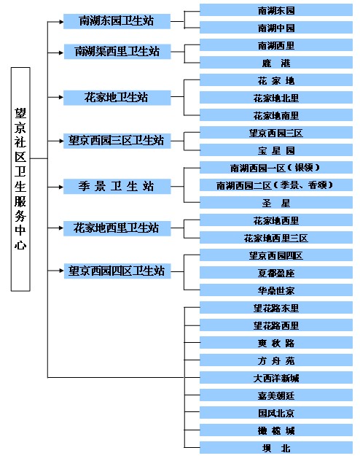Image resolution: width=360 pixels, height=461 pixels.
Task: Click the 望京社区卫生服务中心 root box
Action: pos(20,179)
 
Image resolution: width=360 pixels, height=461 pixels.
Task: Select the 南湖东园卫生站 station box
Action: pos(117,21)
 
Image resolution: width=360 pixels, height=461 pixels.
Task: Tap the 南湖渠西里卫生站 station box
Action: pos(117,52)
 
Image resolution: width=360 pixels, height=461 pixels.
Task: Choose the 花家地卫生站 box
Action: pos(117,97)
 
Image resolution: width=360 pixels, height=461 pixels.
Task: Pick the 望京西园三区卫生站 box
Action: pos(117,141)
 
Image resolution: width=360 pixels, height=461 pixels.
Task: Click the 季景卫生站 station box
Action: pos(117,187)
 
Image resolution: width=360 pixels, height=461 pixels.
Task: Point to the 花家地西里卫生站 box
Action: pos(117,228)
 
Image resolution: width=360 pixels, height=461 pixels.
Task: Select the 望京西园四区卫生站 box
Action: pos(117,271)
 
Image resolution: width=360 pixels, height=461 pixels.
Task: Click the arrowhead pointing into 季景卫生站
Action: pos(61,187)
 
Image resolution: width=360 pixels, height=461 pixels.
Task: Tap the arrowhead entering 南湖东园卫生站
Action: pos(61,21)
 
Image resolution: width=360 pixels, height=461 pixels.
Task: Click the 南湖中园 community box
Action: pos(276,28)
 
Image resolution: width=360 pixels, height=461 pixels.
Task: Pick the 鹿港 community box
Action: pos(276,63)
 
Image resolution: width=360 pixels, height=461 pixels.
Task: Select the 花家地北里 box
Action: pos(276,98)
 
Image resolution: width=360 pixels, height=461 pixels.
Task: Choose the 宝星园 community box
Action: pos(276,150)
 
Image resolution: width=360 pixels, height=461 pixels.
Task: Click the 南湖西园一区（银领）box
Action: pos(276,168)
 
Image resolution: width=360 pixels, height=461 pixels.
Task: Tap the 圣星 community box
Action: pos(276,203)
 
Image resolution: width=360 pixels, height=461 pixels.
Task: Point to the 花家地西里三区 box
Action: pos(276,238)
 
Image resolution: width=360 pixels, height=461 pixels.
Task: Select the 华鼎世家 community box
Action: pos(276,290)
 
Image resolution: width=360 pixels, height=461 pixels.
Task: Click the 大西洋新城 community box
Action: pos(276,378)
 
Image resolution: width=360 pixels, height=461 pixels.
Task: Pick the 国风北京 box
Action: pos(276,412)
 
